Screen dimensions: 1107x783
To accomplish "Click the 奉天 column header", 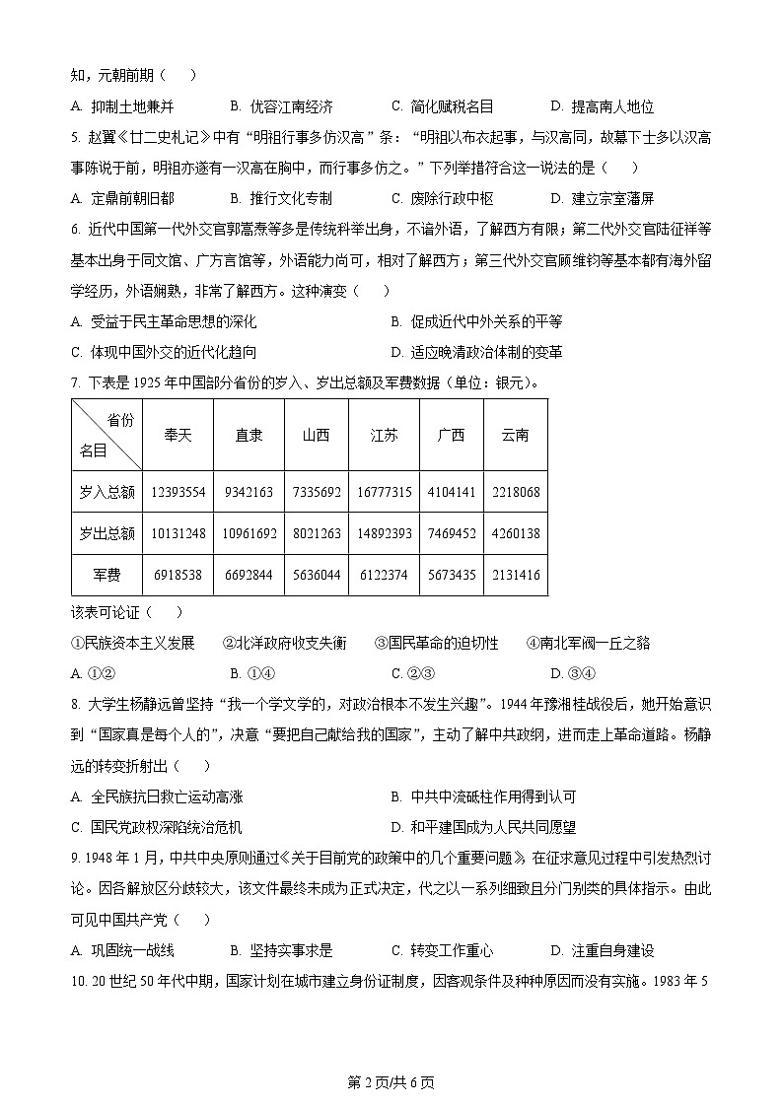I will (x=178, y=435).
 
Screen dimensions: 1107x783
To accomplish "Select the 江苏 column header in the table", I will (x=384, y=435).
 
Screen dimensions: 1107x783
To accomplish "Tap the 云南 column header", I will (x=515, y=435).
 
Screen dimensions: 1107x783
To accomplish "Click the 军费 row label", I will (x=107, y=575).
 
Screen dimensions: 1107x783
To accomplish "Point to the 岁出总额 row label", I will (x=107, y=533).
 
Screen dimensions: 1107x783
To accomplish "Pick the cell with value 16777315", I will (x=384, y=492).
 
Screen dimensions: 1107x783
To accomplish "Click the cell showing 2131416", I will (x=515, y=575).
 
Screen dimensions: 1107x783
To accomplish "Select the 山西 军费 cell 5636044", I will (x=316, y=575).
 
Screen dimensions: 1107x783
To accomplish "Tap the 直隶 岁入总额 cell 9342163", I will (x=249, y=492).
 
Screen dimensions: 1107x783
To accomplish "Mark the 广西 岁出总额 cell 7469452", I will (x=451, y=533).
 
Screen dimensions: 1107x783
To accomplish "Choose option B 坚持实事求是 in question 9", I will (x=281, y=950).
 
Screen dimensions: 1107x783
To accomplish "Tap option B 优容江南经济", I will (x=281, y=106).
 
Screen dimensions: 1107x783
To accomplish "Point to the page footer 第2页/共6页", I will (x=391, y=1082).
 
